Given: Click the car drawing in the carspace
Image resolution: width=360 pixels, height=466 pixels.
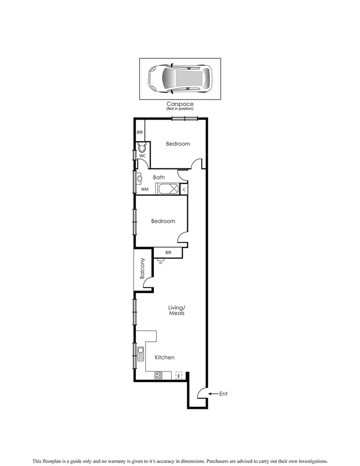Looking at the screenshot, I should (179, 78).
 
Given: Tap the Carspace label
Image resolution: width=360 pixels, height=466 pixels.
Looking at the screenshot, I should (179, 104).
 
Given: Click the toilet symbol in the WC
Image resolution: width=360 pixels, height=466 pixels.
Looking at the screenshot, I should (142, 148).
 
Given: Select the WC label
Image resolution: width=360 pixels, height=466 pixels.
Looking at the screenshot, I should (142, 156).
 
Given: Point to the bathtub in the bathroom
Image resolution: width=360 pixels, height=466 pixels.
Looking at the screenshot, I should (167, 189).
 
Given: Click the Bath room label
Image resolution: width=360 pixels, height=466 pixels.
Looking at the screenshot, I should (159, 177).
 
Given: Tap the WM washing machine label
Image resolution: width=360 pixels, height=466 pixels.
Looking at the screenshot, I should (144, 190).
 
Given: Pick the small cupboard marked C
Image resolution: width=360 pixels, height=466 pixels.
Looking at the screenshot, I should (184, 190).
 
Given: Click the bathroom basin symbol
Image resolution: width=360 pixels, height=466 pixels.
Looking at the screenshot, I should (139, 177).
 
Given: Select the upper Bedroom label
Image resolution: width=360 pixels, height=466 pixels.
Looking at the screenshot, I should (178, 144).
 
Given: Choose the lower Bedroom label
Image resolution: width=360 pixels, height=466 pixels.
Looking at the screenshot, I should (163, 221).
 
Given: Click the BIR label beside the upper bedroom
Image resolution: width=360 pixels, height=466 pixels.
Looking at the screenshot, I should (140, 133).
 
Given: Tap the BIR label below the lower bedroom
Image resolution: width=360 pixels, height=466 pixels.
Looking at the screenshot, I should (168, 252).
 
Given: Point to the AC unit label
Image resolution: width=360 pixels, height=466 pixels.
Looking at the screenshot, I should (161, 262).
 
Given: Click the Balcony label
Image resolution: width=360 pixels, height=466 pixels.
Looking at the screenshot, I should (142, 268).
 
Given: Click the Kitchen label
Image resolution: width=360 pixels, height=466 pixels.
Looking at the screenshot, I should (164, 357).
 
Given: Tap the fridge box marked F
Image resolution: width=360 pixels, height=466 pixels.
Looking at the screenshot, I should (178, 376).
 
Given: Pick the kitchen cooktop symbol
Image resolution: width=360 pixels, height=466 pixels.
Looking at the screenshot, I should (158, 375).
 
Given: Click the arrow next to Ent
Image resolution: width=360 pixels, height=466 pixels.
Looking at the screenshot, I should (212, 394).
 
